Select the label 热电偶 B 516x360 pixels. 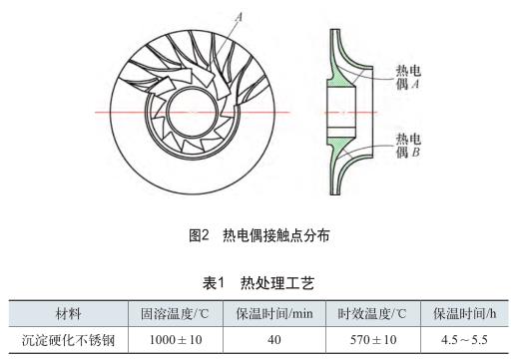407,146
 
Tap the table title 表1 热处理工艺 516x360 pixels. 258,283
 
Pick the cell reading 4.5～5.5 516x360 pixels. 464,340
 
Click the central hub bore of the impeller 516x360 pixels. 192,112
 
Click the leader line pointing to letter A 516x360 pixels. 225,40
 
